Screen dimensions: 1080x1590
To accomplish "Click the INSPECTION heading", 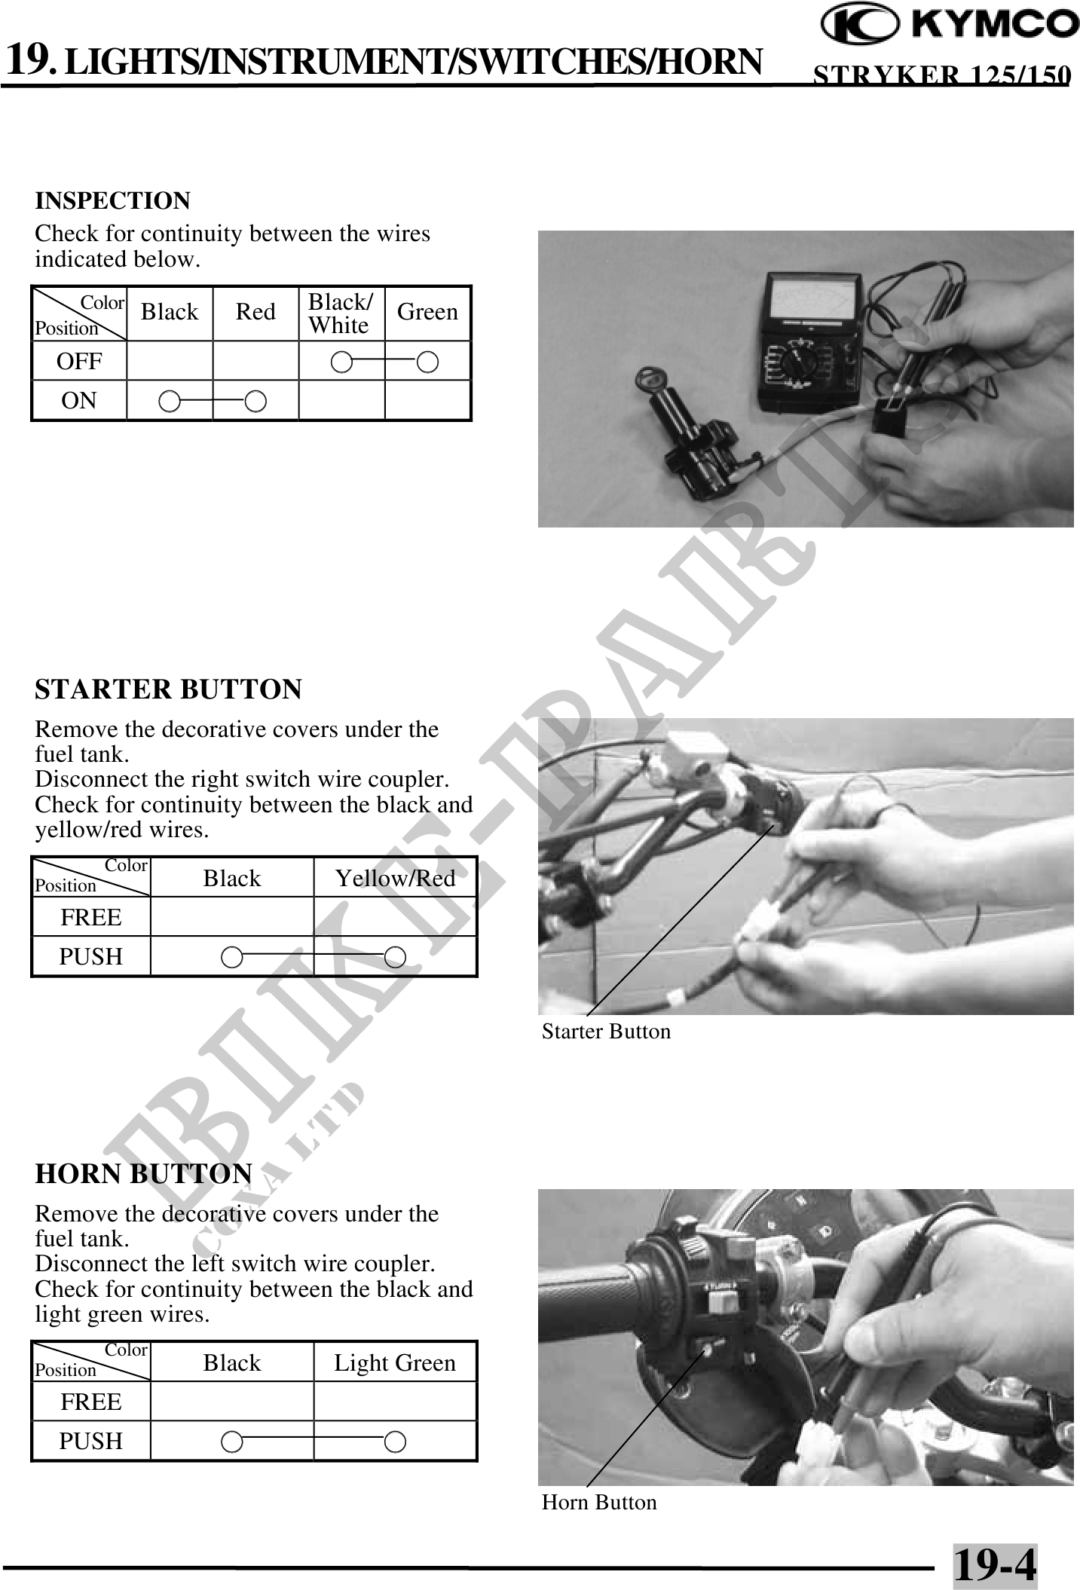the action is pos(113,201).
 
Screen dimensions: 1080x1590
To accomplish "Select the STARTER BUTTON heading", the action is pos(169,690).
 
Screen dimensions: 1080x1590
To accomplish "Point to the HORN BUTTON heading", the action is pos(144,1174).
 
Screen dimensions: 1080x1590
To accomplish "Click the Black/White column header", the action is pos(341,313).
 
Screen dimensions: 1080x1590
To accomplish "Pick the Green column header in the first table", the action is pos(427,312).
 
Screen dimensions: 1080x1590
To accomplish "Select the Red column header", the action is pos(255,312).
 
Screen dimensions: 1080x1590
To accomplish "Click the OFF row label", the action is pos(79,361).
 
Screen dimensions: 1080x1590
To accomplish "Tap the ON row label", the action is pos(79,400).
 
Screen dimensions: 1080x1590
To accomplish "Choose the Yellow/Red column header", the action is pos(395,878).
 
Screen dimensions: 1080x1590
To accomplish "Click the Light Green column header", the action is pos(395,1362).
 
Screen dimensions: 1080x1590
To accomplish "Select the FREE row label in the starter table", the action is pos(91,917).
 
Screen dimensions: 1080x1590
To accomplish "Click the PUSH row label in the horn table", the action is pos(91,1441).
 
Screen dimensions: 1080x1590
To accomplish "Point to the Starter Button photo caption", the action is pos(606,1031).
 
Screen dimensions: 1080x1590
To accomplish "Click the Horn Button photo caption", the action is pos(599,1502).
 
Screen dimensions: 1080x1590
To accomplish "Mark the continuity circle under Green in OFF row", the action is pos(427,362).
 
